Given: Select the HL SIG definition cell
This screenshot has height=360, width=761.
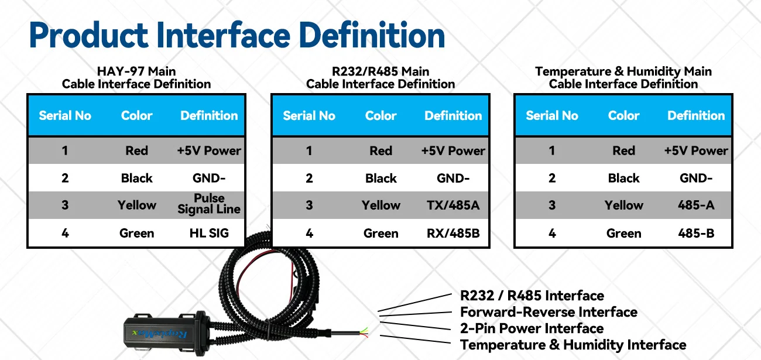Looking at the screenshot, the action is pos(209,233).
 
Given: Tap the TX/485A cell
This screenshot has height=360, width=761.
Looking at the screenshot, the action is pos(453,205).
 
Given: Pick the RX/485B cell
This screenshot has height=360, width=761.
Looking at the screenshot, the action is pos(453,234).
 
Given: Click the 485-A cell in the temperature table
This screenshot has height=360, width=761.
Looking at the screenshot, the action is pos(696,205).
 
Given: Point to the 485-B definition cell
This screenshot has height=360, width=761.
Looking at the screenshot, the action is pos(696,234).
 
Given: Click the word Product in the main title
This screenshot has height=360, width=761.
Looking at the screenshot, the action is pos(88,35).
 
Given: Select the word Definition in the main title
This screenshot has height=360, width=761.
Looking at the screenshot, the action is pos(372,35).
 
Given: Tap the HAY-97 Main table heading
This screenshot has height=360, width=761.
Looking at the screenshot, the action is pos(136,71).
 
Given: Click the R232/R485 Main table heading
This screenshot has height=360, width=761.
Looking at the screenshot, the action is pos(380,71).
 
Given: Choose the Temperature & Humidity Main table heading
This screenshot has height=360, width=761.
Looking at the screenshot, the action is pos(623,71).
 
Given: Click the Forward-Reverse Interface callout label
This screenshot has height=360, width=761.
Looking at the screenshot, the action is pos(549,312).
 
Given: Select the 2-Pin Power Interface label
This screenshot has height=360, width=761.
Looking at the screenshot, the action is pos(532,328).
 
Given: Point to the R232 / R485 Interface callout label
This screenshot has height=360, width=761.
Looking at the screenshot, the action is pos(532,296).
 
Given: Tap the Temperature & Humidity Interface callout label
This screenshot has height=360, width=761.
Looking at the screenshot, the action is pos(573,345).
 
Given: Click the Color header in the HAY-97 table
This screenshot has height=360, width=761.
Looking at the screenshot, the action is pos(136,115).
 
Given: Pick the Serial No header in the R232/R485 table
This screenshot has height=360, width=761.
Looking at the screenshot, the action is pos(309,116).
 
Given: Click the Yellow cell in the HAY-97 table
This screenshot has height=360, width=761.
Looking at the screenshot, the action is pos(136,205).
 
